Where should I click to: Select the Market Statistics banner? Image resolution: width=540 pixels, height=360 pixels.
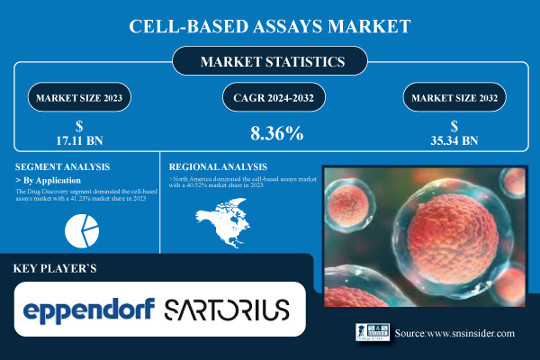pyautogui.click(x=270, y=64)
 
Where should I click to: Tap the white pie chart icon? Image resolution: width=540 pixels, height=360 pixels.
pyautogui.click(x=82, y=231)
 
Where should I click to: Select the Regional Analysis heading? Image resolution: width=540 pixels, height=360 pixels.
pyautogui.click(x=219, y=166)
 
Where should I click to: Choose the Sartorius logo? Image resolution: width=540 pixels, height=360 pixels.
pyautogui.click(x=227, y=310)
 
